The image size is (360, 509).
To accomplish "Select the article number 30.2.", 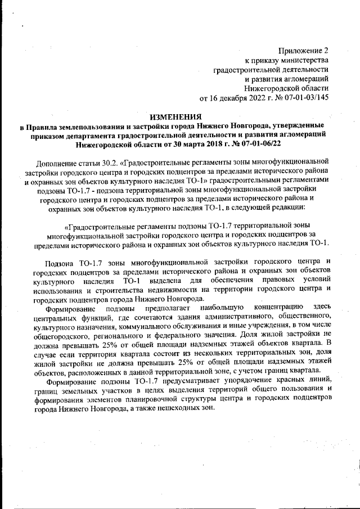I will pyautogui.click(x=107, y=163).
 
